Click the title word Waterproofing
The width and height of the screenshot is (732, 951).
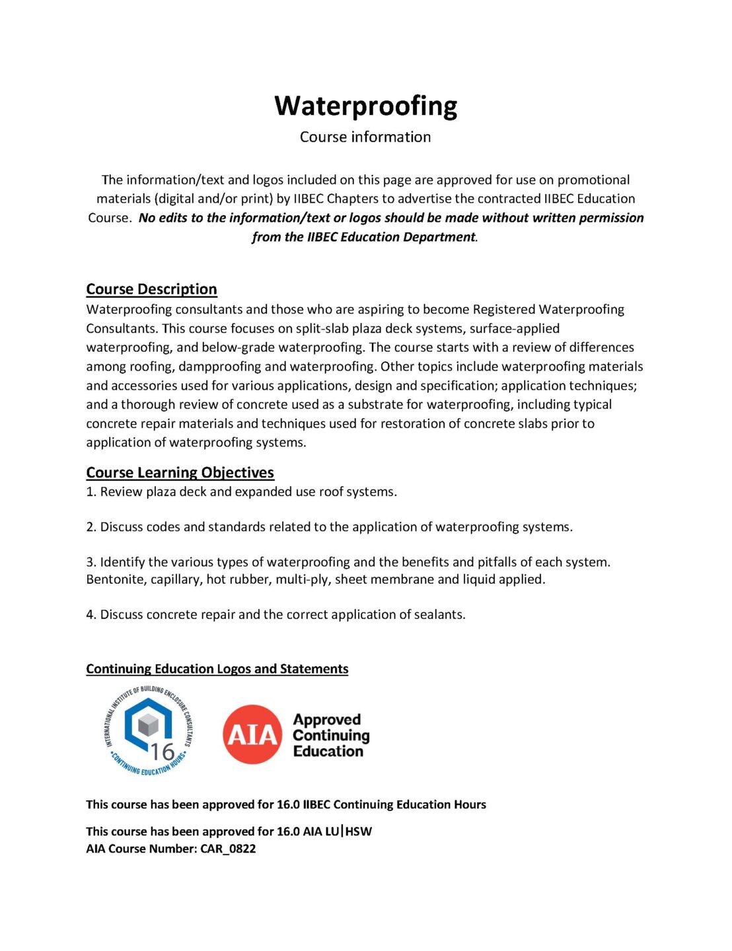[x=365, y=106]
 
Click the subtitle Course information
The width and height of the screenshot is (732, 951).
[x=365, y=137]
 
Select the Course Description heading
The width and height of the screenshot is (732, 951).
[x=151, y=289]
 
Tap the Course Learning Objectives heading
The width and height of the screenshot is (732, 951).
[x=180, y=472]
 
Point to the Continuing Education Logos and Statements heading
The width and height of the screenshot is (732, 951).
[x=217, y=669]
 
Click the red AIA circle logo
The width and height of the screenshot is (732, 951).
[x=252, y=734]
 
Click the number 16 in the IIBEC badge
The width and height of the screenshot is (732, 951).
[x=162, y=752]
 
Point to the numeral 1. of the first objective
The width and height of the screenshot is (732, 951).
[x=91, y=492]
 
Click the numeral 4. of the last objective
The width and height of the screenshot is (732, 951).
[x=91, y=615]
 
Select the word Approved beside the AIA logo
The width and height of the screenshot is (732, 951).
[x=327, y=720]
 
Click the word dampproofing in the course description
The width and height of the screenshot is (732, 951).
[x=220, y=367]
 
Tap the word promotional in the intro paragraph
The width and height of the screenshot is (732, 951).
[x=593, y=180]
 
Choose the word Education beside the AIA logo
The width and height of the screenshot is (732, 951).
[x=328, y=751]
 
